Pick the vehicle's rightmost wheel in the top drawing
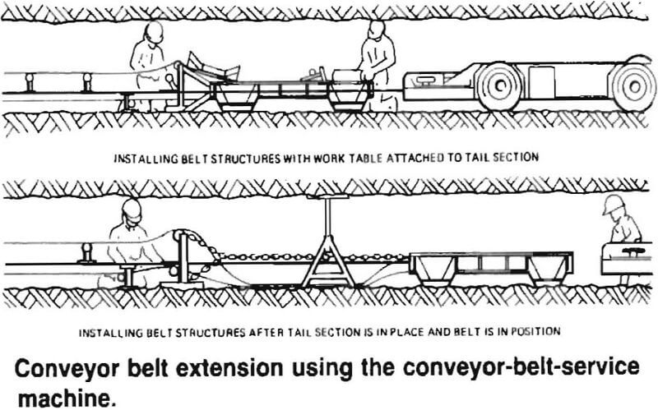tap(635, 85)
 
